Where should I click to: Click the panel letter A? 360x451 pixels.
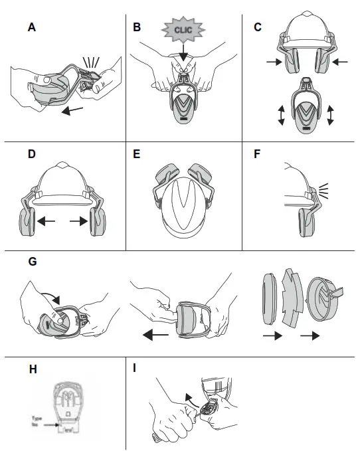point(31,27)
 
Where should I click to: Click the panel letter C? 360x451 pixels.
point(258,27)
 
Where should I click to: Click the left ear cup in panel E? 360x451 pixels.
point(161,178)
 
